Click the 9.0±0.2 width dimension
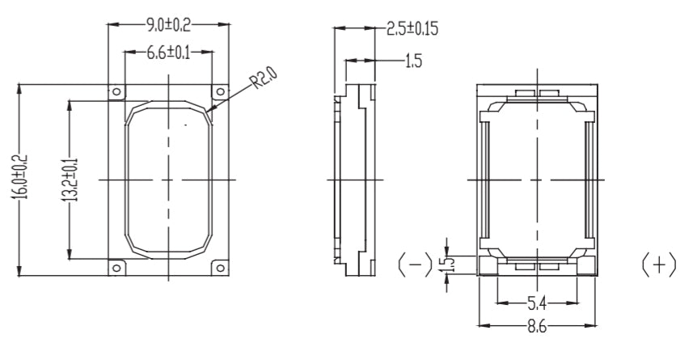168,24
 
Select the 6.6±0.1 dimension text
168,54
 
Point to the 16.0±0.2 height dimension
23,177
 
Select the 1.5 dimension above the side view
412,61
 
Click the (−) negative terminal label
414,265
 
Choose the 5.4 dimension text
536,303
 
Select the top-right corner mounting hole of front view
218,91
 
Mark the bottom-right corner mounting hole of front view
218,267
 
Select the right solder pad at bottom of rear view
550,265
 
